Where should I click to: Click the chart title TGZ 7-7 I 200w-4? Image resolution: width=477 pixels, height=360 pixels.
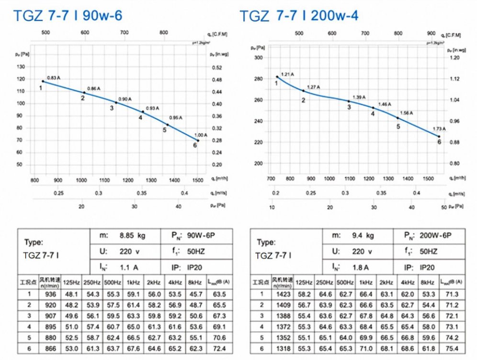299,16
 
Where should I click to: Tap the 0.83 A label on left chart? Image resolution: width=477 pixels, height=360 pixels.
54,77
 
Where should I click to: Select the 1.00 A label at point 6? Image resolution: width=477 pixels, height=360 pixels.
201,135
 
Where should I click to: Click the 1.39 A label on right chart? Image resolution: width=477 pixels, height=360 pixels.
358,97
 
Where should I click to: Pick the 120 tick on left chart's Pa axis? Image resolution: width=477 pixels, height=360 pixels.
20,67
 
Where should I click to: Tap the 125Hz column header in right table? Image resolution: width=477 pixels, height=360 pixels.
303,282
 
